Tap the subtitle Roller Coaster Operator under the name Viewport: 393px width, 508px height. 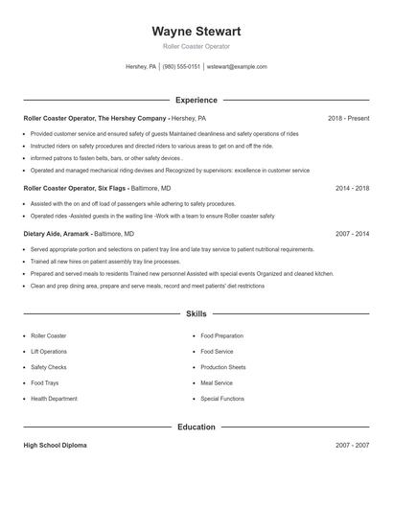coord(196,46)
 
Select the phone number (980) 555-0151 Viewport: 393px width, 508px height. coord(181,67)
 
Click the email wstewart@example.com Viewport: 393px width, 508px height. coord(237,67)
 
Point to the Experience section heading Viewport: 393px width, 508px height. coord(196,100)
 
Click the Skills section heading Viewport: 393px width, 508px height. coord(196,313)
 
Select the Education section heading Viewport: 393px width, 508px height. coord(196,427)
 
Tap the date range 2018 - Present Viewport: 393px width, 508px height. coord(348,118)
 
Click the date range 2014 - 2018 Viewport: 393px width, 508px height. coord(352,189)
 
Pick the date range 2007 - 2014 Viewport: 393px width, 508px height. coord(352,233)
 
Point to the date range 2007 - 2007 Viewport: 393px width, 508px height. coord(352,446)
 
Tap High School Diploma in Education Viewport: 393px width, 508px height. coord(57,446)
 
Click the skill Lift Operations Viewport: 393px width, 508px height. coord(50,352)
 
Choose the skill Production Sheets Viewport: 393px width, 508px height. coord(223,367)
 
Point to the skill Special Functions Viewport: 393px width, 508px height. coord(222,398)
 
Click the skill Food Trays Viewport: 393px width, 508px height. coord(44,382)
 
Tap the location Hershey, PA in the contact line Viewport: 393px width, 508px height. coord(141,67)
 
